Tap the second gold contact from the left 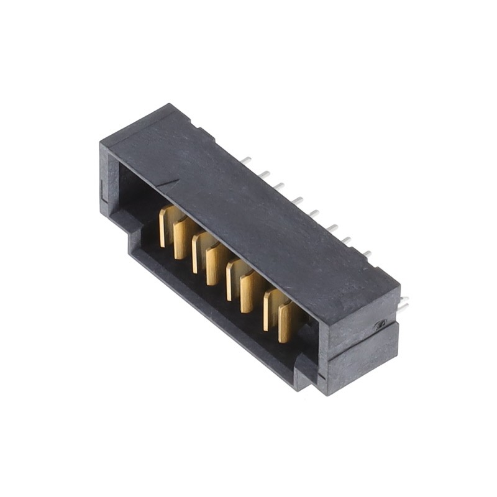point(181,238)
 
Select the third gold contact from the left point(198,252)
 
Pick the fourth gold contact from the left point(214,264)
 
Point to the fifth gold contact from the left point(232,280)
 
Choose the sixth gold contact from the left point(248,292)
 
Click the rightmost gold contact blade point(286,322)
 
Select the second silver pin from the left point(264,173)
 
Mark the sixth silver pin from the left point(332,228)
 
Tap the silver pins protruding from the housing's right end point(403,304)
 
